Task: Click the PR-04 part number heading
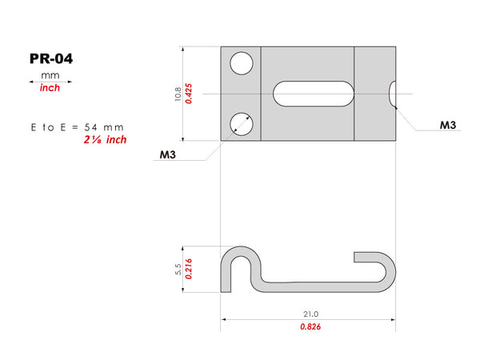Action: (51, 58)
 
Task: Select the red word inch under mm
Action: (50, 88)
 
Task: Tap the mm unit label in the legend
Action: (50, 75)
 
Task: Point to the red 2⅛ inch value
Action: (105, 140)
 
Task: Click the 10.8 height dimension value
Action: (178, 94)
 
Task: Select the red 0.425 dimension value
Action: (189, 94)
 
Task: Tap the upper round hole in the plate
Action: (242, 63)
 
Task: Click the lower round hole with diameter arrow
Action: (242, 124)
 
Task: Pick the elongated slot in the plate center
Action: (314, 94)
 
